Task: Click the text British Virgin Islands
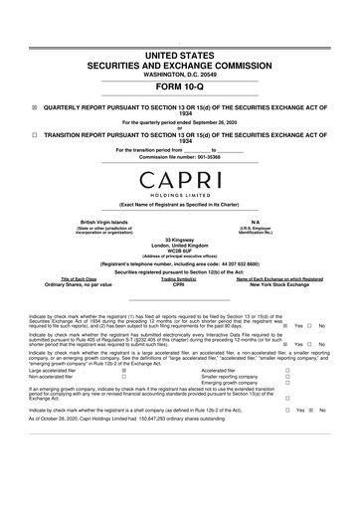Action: click(97, 221)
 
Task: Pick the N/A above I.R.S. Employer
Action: click(256, 221)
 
